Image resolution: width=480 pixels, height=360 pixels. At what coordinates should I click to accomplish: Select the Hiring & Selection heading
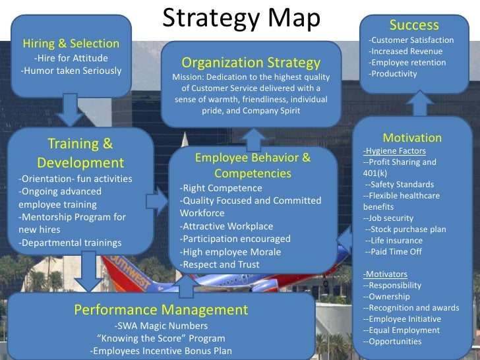point(71,44)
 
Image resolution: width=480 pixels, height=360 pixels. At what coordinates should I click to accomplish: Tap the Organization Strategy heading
point(251,63)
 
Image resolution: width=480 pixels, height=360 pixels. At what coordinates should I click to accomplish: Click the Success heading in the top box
point(414,25)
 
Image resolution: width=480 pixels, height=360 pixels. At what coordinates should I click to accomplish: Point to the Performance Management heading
point(161,310)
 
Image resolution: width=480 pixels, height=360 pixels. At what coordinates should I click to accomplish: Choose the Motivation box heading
point(412,138)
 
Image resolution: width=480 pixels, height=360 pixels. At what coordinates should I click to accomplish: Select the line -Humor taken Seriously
point(71,71)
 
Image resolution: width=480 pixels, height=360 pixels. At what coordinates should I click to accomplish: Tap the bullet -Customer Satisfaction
point(405,41)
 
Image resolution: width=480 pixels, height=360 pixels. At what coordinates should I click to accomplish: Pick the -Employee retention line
point(407,63)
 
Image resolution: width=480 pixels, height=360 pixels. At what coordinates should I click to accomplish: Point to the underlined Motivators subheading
point(385,274)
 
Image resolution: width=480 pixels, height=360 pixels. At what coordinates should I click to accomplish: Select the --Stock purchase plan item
point(405,229)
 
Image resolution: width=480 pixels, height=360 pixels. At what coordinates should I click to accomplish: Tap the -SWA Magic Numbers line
point(161,326)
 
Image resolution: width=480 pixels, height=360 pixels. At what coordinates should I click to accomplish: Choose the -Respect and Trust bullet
point(220,264)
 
